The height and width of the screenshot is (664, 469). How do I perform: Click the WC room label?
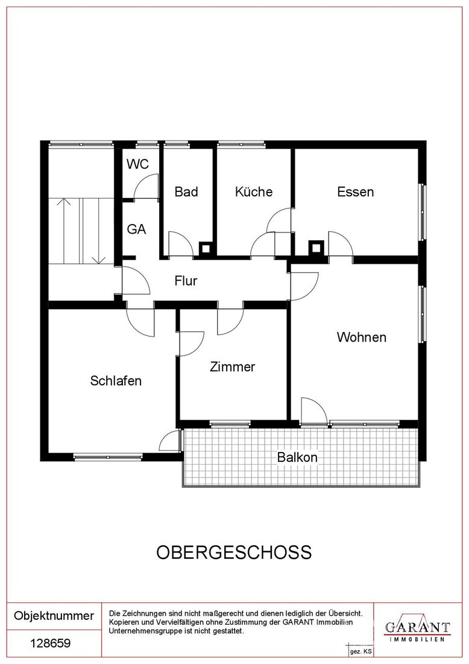pos(138,164)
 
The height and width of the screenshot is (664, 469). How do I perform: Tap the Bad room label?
pos(186,192)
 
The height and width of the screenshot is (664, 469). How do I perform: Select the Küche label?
pos(254,192)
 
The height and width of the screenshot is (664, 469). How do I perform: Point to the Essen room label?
pos(355,192)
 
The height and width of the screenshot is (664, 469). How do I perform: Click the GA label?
pos(137,229)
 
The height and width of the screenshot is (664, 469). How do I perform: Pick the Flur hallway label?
pos(186,281)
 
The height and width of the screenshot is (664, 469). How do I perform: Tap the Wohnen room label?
pos(362,337)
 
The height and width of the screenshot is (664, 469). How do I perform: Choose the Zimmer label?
pos(233,366)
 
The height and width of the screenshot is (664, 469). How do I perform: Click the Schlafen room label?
pos(116,380)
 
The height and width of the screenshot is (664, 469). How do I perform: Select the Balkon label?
pos(297,457)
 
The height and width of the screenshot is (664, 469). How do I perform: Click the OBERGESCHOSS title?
pos(234,552)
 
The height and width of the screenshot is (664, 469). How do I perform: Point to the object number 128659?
pos(51,643)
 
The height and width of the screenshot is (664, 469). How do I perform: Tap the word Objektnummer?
pos(54,615)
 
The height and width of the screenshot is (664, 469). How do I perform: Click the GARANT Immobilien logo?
pos(417,628)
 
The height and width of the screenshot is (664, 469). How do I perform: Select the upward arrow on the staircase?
pos(64,231)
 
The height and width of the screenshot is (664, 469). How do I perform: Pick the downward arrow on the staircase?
pos(98,231)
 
